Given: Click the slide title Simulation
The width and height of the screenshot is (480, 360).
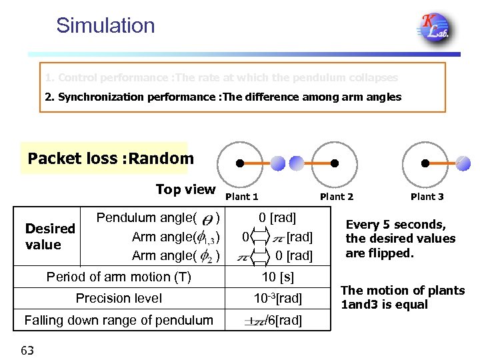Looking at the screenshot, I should [105, 25].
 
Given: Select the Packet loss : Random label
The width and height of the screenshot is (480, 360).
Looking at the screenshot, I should [111, 159].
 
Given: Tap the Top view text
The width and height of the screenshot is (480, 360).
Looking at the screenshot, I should [185, 189].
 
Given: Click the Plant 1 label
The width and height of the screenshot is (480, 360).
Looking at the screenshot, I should [242, 197].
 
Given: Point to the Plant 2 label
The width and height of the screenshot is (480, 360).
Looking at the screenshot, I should [337, 197].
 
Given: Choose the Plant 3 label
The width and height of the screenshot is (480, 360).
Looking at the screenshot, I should [427, 197].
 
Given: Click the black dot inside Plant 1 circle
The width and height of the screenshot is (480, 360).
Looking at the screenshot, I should [239, 163].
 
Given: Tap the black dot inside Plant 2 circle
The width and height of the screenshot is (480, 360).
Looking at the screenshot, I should [335, 163].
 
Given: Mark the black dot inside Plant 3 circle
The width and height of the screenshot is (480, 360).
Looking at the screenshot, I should [425, 163].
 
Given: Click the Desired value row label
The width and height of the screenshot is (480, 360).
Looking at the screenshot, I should [50, 236].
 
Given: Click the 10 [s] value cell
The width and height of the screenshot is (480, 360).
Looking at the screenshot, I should [278, 277].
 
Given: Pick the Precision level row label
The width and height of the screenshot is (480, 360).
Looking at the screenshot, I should [119, 298].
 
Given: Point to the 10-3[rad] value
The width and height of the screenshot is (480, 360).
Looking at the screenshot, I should [278, 298].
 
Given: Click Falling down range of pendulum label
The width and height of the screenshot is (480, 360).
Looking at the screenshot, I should [119, 320].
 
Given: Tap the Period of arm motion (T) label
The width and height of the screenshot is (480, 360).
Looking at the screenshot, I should [119, 277].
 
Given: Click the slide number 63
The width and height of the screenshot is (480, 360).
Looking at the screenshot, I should [27, 349].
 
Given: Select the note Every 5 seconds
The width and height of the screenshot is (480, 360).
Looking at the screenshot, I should [400, 239].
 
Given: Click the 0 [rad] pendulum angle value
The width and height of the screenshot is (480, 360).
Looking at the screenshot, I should [278, 217].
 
